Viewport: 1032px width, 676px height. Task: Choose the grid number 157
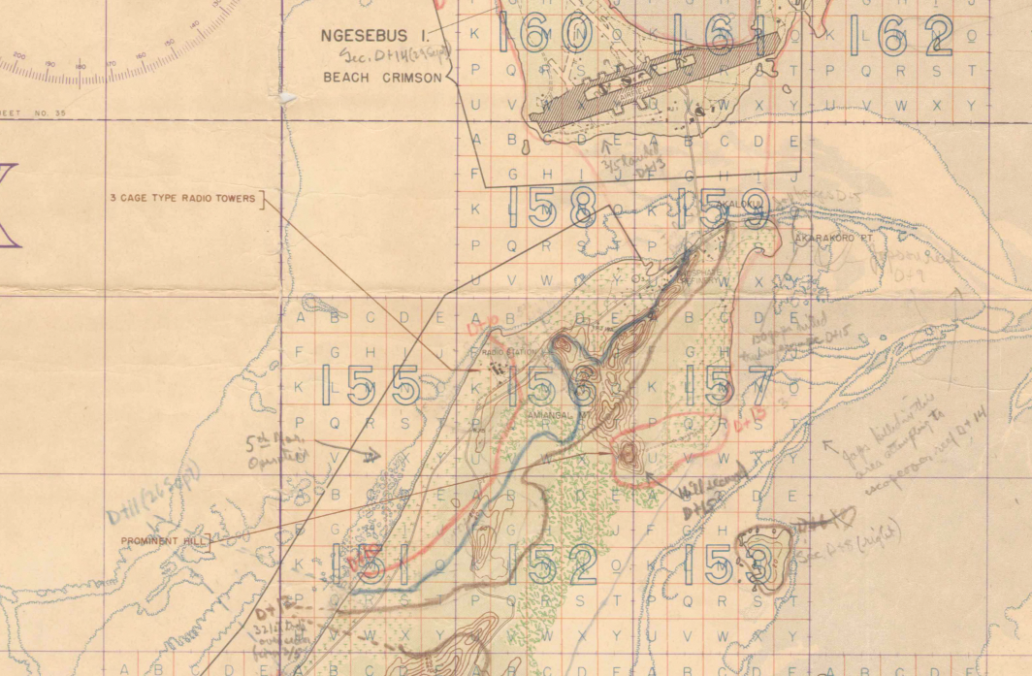click(x=727, y=386)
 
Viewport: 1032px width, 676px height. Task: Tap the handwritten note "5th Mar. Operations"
click(x=274, y=448)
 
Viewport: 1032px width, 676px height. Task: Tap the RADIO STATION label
click(x=508, y=351)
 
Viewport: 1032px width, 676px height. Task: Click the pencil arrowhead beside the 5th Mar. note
click(x=373, y=454)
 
